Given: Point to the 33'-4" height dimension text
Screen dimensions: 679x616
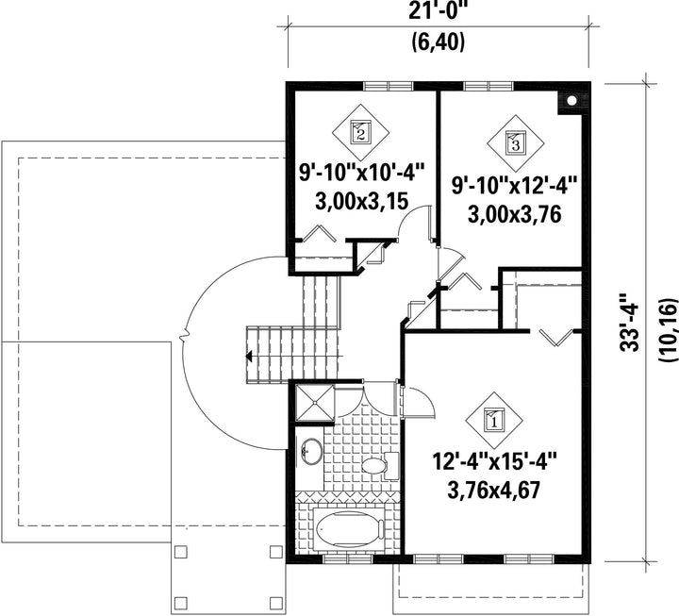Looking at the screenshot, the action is pyautogui.click(x=629, y=323).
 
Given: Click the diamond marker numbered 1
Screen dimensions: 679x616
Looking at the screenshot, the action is pyautogui.click(x=494, y=420).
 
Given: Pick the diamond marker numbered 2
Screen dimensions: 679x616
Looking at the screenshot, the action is pyautogui.click(x=360, y=132).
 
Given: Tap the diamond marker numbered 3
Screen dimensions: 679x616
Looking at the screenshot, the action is pyautogui.click(x=515, y=143).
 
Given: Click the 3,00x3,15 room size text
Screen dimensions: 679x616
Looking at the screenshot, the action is pyautogui.click(x=361, y=202).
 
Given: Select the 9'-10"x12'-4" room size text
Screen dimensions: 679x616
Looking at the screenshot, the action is pyautogui.click(x=515, y=187).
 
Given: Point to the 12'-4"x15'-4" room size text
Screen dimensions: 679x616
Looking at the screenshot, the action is pyautogui.click(x=494, y=462).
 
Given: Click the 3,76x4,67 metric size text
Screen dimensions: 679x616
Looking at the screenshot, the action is pyautogui.click(x=494, y=491).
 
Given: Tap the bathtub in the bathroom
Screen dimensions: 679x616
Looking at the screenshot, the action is pyautogui.click(x=350, y=528).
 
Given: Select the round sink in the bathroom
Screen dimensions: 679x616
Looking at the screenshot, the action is pyautogui.click(x=311, y=452).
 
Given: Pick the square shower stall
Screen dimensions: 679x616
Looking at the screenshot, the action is pyautogui.click(x=315, y=403).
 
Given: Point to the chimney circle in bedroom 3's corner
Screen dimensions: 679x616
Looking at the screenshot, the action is pyautogui.click(x=571, y=101).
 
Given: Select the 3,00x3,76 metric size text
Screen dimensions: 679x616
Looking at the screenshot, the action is pyautogui.click(x=515, y=214).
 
